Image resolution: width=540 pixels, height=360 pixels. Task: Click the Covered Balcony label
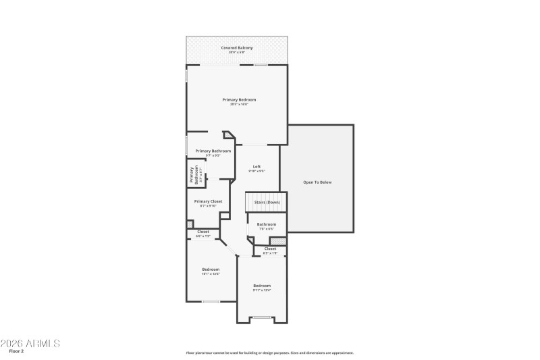point(236,48)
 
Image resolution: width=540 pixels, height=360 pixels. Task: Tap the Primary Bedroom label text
point(239,99)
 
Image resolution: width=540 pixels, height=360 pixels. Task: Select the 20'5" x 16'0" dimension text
point(239,104)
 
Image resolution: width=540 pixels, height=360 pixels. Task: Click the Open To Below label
point(317,182)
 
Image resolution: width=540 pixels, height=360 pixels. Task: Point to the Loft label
point(256,167)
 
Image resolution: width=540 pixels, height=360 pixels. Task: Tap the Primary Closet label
point(208,201)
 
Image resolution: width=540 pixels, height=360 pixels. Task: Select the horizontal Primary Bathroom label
point(213,151)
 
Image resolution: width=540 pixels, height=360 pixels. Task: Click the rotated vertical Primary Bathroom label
point(193,175)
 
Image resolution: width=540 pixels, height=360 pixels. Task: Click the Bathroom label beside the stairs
point(267,224)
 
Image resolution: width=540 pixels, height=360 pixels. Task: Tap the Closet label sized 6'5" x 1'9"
point(270,249)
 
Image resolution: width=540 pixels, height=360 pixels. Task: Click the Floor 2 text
point(16,351)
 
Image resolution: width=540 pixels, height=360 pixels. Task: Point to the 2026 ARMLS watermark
point(30,343)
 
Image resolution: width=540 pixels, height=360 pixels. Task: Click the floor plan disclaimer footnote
point(270,353)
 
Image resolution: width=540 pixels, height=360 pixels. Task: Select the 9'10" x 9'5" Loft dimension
point(256,172)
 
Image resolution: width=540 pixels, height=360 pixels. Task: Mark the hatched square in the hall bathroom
point(283,240)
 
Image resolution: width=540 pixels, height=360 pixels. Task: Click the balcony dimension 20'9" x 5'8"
point(236,52)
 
